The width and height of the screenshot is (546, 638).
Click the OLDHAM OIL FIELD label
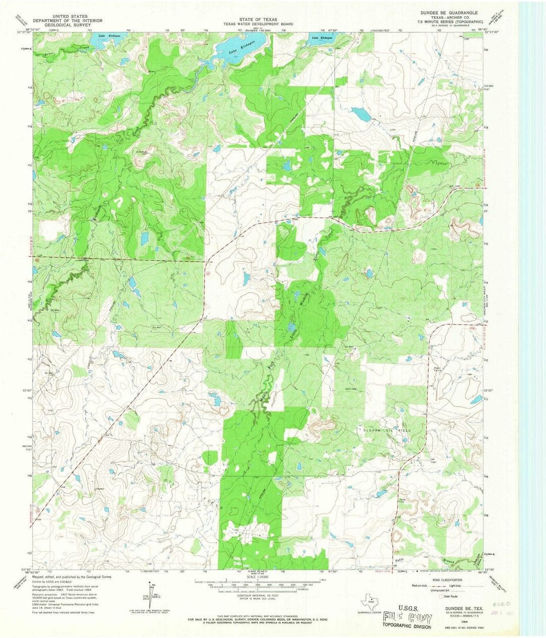tap(384, 430)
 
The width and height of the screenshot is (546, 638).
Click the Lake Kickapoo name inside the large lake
tap(239, 50)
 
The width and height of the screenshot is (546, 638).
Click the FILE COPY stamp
tap(407, 617)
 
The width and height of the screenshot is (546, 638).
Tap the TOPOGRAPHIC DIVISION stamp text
tap(407, 627)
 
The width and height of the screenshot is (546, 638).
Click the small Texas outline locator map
tap(369, 602)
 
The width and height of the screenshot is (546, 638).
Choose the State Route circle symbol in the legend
tap(439, 597)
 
